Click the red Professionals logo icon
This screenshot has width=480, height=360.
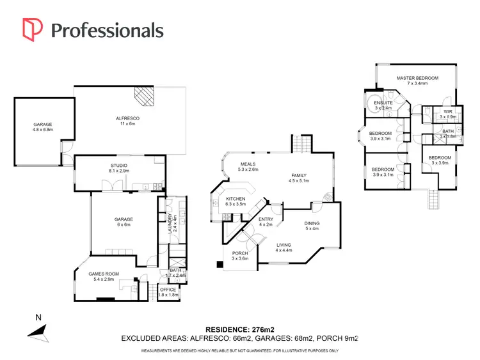coord(33,29)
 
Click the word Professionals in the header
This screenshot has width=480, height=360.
coord(106,30)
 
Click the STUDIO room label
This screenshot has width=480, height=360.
coord(119,166)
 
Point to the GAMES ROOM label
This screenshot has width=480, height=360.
coord(103,274)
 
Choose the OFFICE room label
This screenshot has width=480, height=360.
coord(168,290)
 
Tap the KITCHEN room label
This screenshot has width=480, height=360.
coord(236,200)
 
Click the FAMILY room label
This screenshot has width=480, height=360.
coord(299,176)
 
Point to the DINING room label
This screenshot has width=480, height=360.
coord(312,223)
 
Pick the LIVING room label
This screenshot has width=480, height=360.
coord(284,245)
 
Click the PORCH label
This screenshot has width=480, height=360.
coord(241,253)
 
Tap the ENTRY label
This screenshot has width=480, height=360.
coord(266,219)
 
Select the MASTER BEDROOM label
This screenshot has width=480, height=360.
coord(417,78)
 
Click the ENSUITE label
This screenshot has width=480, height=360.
coord(383,103)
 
